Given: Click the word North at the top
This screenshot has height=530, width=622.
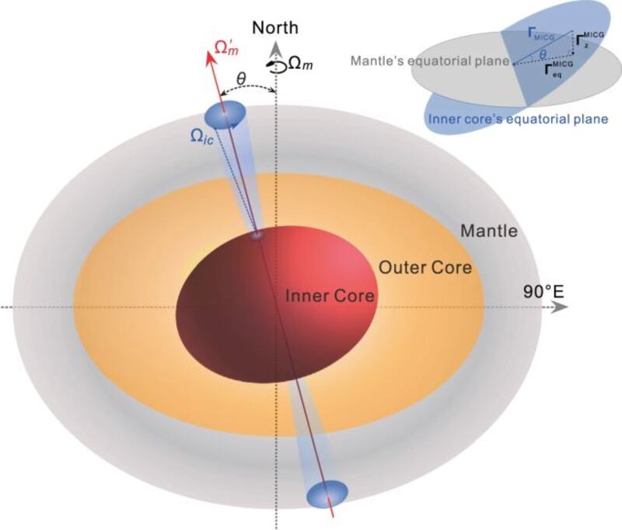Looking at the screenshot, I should [274, 27].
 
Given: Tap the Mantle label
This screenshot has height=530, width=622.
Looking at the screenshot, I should [489, 231].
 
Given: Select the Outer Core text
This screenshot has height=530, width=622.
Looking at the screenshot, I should [425, 268].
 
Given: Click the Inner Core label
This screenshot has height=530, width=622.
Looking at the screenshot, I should [330, 295].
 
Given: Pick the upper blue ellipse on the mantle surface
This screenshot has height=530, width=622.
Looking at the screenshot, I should [224, 115].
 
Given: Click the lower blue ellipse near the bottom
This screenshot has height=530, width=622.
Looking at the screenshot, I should [327, 494].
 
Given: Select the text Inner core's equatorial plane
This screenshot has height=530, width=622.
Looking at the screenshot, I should [517, 119].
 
